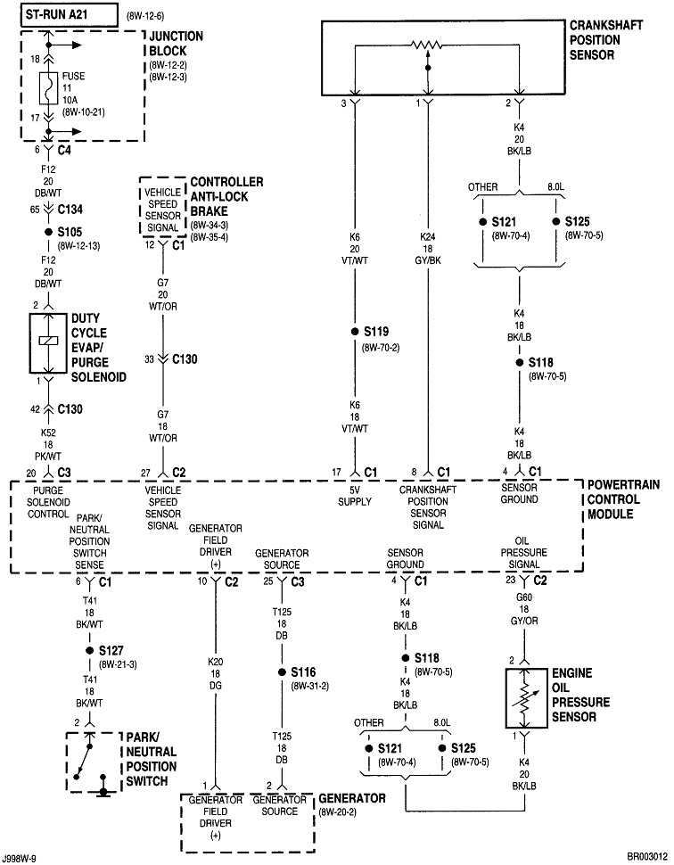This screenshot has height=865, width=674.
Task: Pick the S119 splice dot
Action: pos(355,332)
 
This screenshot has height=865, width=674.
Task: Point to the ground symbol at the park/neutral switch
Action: pos(105,790)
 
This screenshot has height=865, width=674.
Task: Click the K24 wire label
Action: pos(429,239)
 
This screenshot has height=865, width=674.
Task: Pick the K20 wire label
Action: pos(214,662)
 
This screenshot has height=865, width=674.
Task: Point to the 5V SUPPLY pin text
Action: pos(355,495)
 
